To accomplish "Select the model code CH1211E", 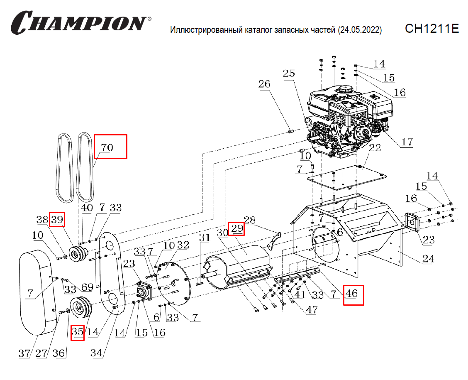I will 431,29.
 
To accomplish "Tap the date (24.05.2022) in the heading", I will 360,30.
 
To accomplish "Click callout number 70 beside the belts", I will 107,147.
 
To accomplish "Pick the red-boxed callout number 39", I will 57,220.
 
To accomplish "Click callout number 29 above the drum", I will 237,228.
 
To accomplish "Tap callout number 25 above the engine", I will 289,74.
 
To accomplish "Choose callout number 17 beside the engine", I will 407,142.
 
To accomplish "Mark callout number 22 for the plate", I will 375,148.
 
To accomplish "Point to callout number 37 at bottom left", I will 24,353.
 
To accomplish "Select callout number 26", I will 264,84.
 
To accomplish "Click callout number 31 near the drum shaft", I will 205,238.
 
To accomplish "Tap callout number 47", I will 312,309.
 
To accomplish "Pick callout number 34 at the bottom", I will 97,353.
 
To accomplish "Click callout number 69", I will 86,287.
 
